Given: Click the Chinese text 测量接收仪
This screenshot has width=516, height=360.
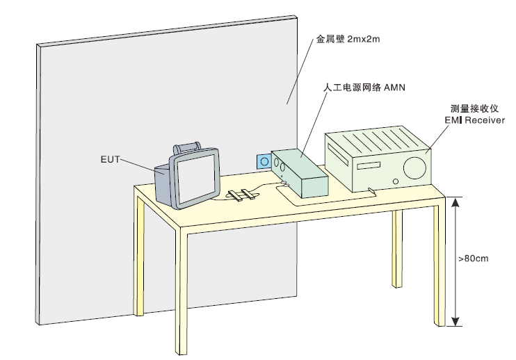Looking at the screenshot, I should click(x=469, y=109).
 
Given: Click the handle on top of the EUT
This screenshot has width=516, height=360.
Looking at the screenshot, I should click(x=188, y=147).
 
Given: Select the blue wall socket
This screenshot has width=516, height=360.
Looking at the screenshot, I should click(x=264, y=162).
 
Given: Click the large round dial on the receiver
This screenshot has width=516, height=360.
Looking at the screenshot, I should click(x=415, y=167).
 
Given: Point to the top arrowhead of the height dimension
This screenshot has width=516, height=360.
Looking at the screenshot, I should click(x=455, y=202).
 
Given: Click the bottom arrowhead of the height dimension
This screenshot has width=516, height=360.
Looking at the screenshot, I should click(x=455, y=320).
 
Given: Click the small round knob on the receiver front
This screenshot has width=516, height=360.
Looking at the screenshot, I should click(x=396, y=181).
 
